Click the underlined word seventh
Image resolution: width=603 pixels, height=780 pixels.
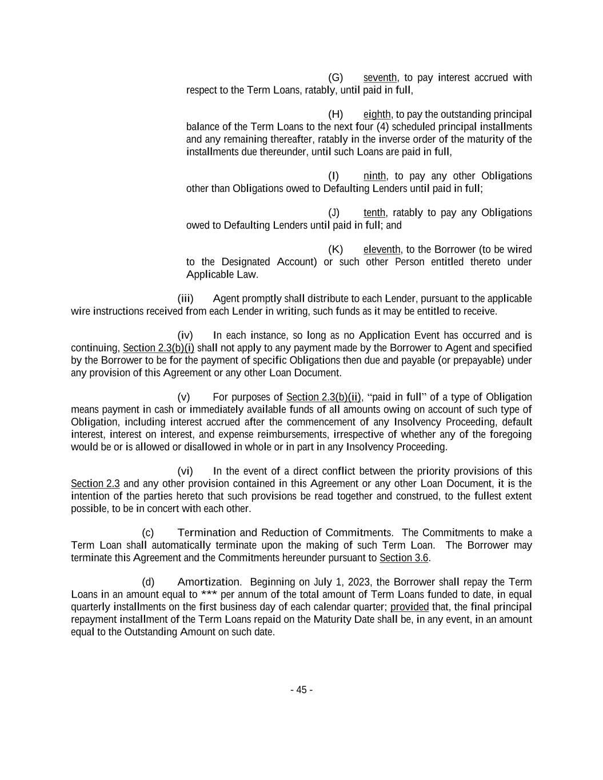pyautogui.click(x=380, y=78)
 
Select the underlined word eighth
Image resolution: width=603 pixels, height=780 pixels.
pyautogui.click(x=377, y=114)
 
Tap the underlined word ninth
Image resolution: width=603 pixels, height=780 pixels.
pyautogui.click(x=374, y=176)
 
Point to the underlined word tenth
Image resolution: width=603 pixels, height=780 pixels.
pyautogui.click(x=374, y=213)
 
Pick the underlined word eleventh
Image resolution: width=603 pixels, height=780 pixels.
pyautogui.click(x=382, y=250)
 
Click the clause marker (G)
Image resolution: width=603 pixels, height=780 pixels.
pyautogui.click(x=335, y=78)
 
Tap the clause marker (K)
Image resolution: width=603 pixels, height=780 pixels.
pyautogui.click(x=335, y=250)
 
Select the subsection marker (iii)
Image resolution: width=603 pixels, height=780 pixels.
pyautogui.click(x=185, y=299)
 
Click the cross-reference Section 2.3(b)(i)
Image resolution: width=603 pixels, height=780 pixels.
pyautogui.click(x=158, y=348)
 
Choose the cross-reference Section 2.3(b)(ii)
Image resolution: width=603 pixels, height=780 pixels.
pyautogui.click(x=324, y=397)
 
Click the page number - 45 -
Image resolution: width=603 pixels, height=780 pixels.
pyautogui.click(x=301, y=690)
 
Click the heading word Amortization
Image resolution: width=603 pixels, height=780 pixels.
pyautogui.click(x=208, y=582)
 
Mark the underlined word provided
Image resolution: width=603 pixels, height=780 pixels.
pyautogui.click(x=409, y=607)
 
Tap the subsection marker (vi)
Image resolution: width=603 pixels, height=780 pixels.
pyautogui.click(x=185, y=471)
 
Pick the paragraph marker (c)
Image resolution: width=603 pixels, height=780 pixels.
pyautogui.click(x=148, y=533)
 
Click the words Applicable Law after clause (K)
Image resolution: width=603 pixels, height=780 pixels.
pyautogui.click(x=222, y=275)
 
